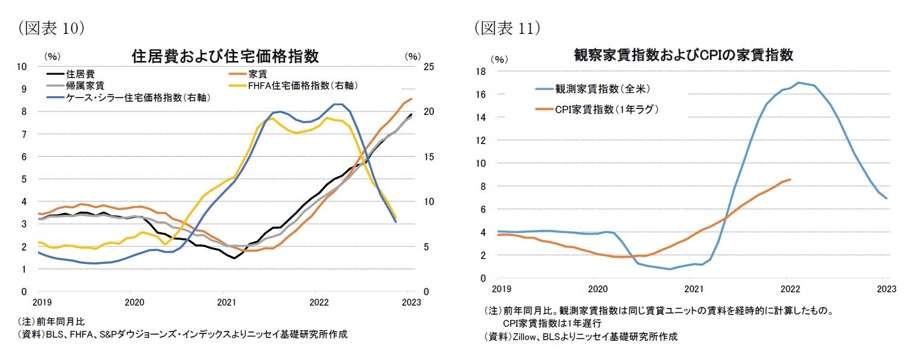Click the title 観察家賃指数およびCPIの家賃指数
[683, 55]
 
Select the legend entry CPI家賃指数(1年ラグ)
[606, 110]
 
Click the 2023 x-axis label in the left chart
[409, 302]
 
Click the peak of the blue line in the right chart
[799, 82]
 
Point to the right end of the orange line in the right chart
[790, 179]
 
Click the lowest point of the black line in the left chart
[234, 258]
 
